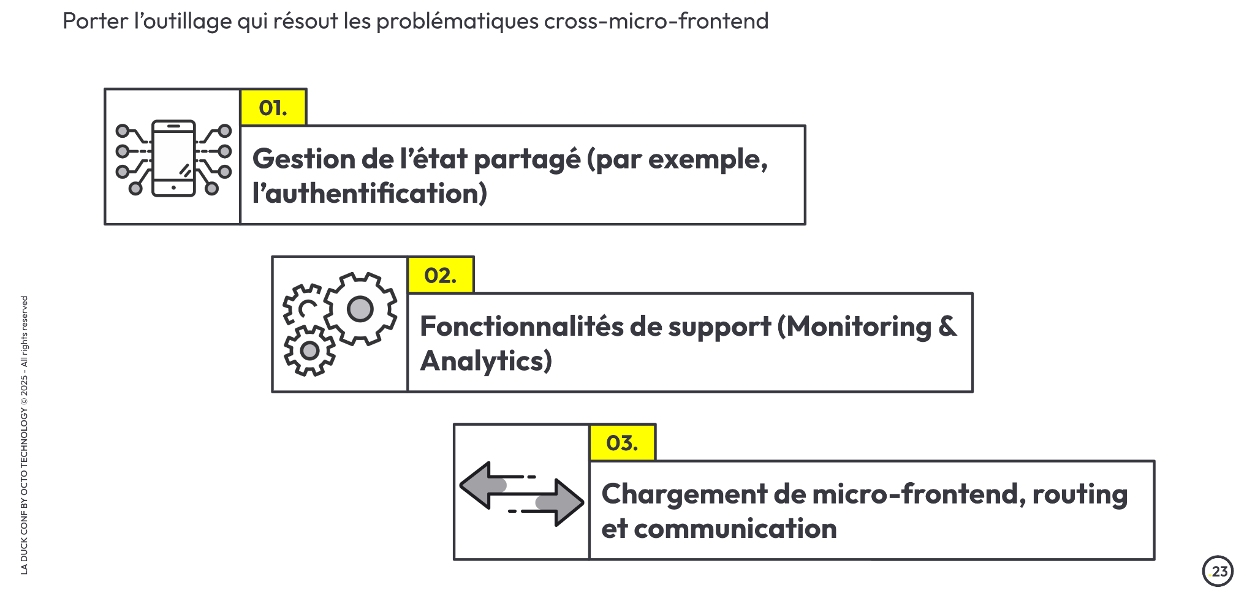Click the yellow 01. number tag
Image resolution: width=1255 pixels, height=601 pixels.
pos(273,108)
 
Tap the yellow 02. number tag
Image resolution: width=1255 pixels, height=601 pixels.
pos(441,275)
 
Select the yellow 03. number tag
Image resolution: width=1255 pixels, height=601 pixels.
pos(623,442)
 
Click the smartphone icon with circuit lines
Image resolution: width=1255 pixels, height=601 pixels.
pos(173,158)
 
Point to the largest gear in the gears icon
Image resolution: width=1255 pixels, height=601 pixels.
pos(360,309)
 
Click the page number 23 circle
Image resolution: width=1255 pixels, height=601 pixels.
pos(1218,571)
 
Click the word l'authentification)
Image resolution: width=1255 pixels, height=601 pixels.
pos(370,194)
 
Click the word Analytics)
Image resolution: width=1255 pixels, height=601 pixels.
pos(487,361)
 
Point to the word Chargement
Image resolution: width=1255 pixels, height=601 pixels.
pos(684,494)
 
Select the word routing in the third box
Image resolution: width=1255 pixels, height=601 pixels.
pos(1080,494)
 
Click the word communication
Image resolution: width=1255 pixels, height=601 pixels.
pos(735,529)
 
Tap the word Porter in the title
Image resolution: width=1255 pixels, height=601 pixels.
pos(96,21)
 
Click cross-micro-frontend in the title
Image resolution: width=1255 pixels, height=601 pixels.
pos(656,21)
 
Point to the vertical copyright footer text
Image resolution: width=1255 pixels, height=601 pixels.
pos(25,435)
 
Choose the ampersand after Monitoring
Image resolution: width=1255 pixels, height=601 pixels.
pos(947,327)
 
